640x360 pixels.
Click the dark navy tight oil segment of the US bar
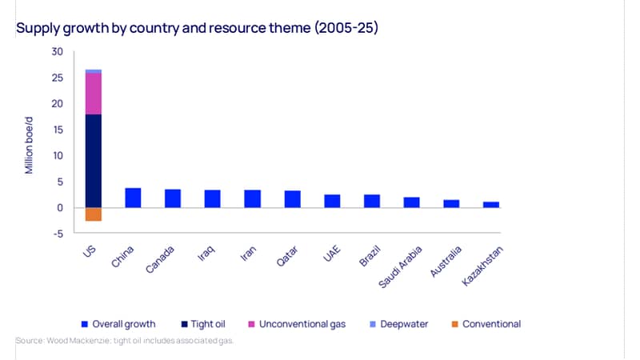(94, 161)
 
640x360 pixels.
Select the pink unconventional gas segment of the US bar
(94, 94)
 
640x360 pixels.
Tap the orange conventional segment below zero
(94, 214)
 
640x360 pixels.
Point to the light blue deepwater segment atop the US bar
(94, 71)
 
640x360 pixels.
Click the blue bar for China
(133, 198)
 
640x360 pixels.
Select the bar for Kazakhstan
(491, 205)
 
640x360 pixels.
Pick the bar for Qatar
(293, 199)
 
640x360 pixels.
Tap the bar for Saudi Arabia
(411, 202)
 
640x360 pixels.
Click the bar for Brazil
(372, 202)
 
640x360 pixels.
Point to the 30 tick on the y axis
(57, 52)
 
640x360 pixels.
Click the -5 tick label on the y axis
(58, 234)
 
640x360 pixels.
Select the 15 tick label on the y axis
(58, 130)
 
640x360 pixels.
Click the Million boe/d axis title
(29, 146)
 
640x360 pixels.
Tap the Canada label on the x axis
(160, 259)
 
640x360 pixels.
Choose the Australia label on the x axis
(446, 262)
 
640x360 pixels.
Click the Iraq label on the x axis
(206, 254)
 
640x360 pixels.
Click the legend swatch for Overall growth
(85, 324)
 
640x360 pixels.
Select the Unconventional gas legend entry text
(302, 324)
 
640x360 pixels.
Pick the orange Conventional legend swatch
(454, 324)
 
